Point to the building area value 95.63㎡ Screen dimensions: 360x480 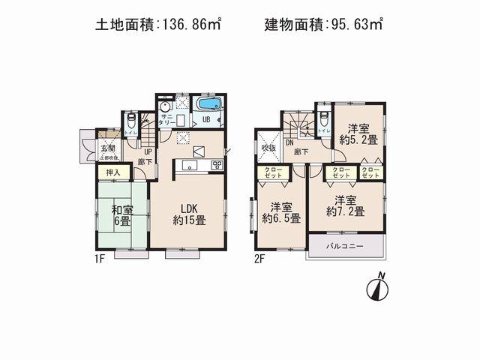point(356,25)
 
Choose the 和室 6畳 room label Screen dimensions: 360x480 point(122,216)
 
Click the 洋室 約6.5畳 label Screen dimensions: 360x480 point(281,213)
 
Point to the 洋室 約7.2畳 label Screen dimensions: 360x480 point(345,206)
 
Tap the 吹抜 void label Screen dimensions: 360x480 point(268,148)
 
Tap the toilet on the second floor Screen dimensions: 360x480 point(322,120)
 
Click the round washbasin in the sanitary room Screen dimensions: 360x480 point(165,107)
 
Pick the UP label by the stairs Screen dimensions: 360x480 point(148,151)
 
